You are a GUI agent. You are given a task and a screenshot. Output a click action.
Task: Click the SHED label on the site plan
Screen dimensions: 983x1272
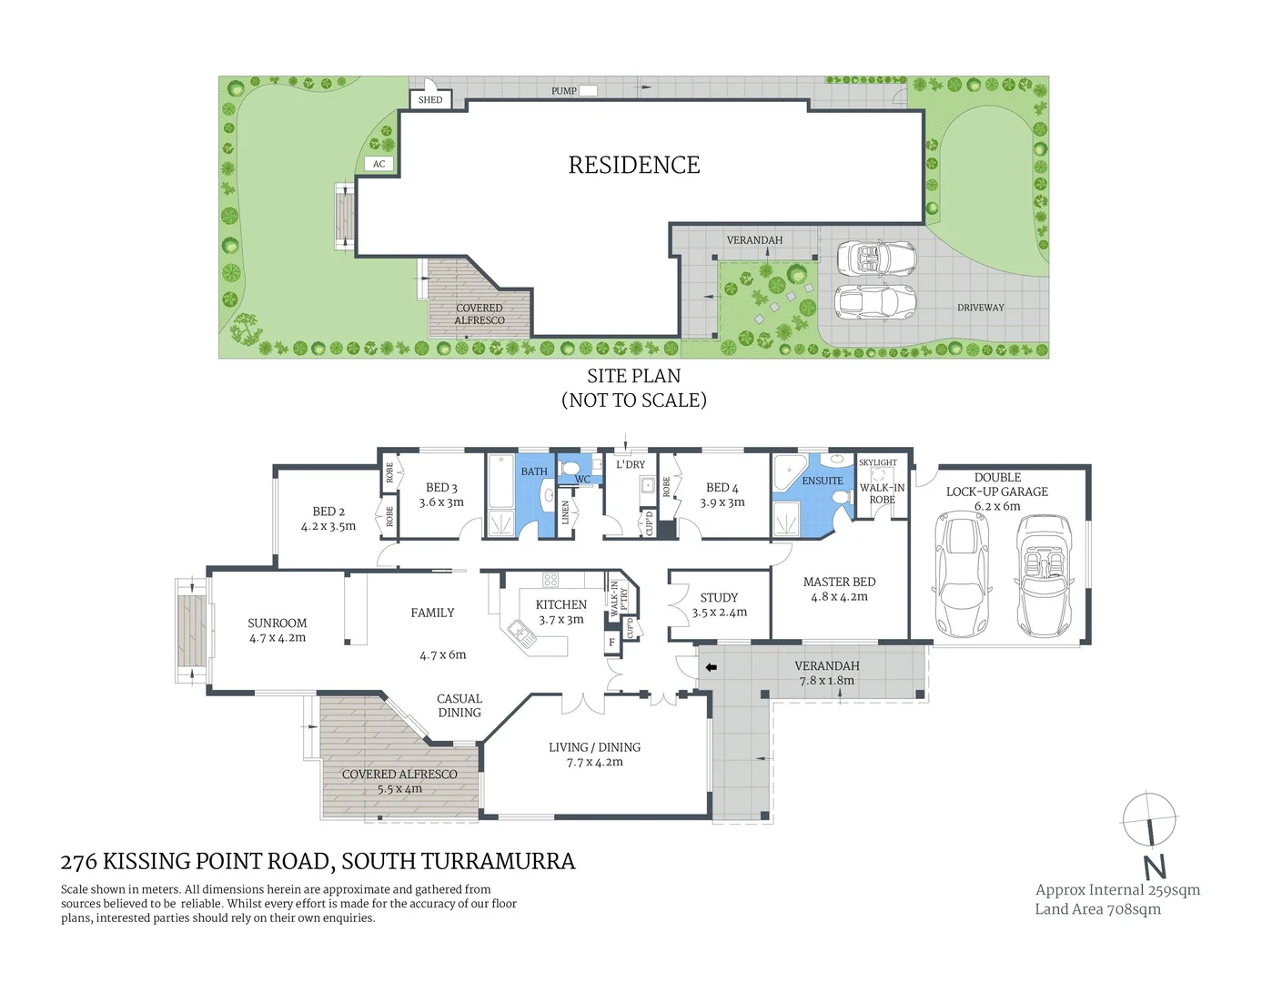coord(430,100)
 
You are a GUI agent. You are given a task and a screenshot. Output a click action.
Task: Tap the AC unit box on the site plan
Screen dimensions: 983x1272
coord(379,164)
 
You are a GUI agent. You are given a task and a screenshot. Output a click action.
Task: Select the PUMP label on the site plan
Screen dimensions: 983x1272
coord(564,91)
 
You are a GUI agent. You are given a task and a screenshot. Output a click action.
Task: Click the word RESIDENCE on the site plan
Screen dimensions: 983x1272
coord(634,166)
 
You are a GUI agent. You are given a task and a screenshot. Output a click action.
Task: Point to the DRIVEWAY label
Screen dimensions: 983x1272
coord(980,308)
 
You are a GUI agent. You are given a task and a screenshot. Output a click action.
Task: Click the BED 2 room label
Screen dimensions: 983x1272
coord(328,512)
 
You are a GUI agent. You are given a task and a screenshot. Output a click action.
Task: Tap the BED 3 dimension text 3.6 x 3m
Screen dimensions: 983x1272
coord(441,502)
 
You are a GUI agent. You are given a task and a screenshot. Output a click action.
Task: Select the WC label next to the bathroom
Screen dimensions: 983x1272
coord(582,480)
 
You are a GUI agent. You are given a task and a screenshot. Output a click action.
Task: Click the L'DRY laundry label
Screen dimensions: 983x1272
coord(631,464)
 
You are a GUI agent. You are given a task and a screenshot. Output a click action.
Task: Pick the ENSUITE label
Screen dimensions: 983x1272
coord(823,481)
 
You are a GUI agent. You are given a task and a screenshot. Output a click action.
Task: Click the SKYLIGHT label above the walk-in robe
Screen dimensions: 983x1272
coord(878,462)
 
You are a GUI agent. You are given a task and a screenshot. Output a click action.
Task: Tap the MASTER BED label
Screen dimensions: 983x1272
coord(839,582)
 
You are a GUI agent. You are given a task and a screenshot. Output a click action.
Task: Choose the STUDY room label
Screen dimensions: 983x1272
coord(719,598)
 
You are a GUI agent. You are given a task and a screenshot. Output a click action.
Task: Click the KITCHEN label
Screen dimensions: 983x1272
coord(561,604)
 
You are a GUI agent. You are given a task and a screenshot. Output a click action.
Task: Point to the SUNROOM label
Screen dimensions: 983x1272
coord(278,623)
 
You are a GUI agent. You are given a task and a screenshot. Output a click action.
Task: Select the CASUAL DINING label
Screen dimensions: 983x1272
coord(459,705)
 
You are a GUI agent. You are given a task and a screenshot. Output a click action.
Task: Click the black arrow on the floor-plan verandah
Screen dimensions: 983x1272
coord(712,667)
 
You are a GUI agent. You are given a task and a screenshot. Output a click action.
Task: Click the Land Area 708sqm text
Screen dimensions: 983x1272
coord(1097,909)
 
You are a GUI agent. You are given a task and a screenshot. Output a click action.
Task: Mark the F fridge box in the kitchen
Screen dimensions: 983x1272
coord(612,643)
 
